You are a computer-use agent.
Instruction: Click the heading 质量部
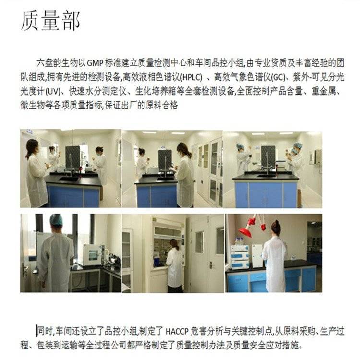(50, 21)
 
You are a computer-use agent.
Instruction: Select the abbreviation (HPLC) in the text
(191, 77)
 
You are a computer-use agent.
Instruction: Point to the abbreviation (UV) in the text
(53, 92)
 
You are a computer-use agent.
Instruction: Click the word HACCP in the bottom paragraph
(177, 332)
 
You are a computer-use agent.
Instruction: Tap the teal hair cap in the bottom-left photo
(56, 220)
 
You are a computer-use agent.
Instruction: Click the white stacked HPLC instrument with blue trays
(240, 257)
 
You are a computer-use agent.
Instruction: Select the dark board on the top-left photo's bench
(73, 157)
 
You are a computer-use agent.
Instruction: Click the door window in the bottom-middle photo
(200, 242)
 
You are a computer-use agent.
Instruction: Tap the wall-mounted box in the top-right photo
(318, 156)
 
